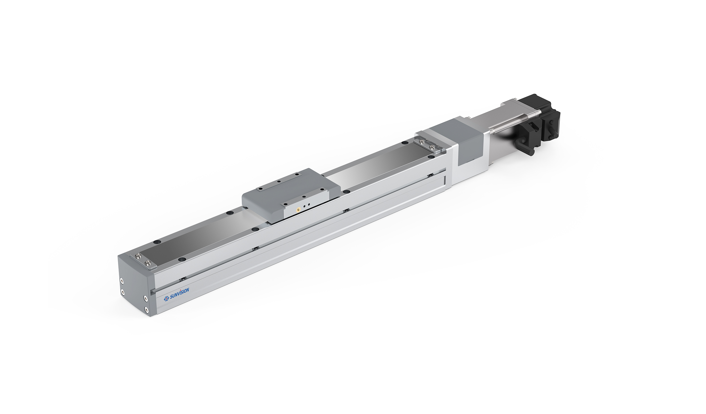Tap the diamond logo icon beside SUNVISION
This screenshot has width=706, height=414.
[167, 298]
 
